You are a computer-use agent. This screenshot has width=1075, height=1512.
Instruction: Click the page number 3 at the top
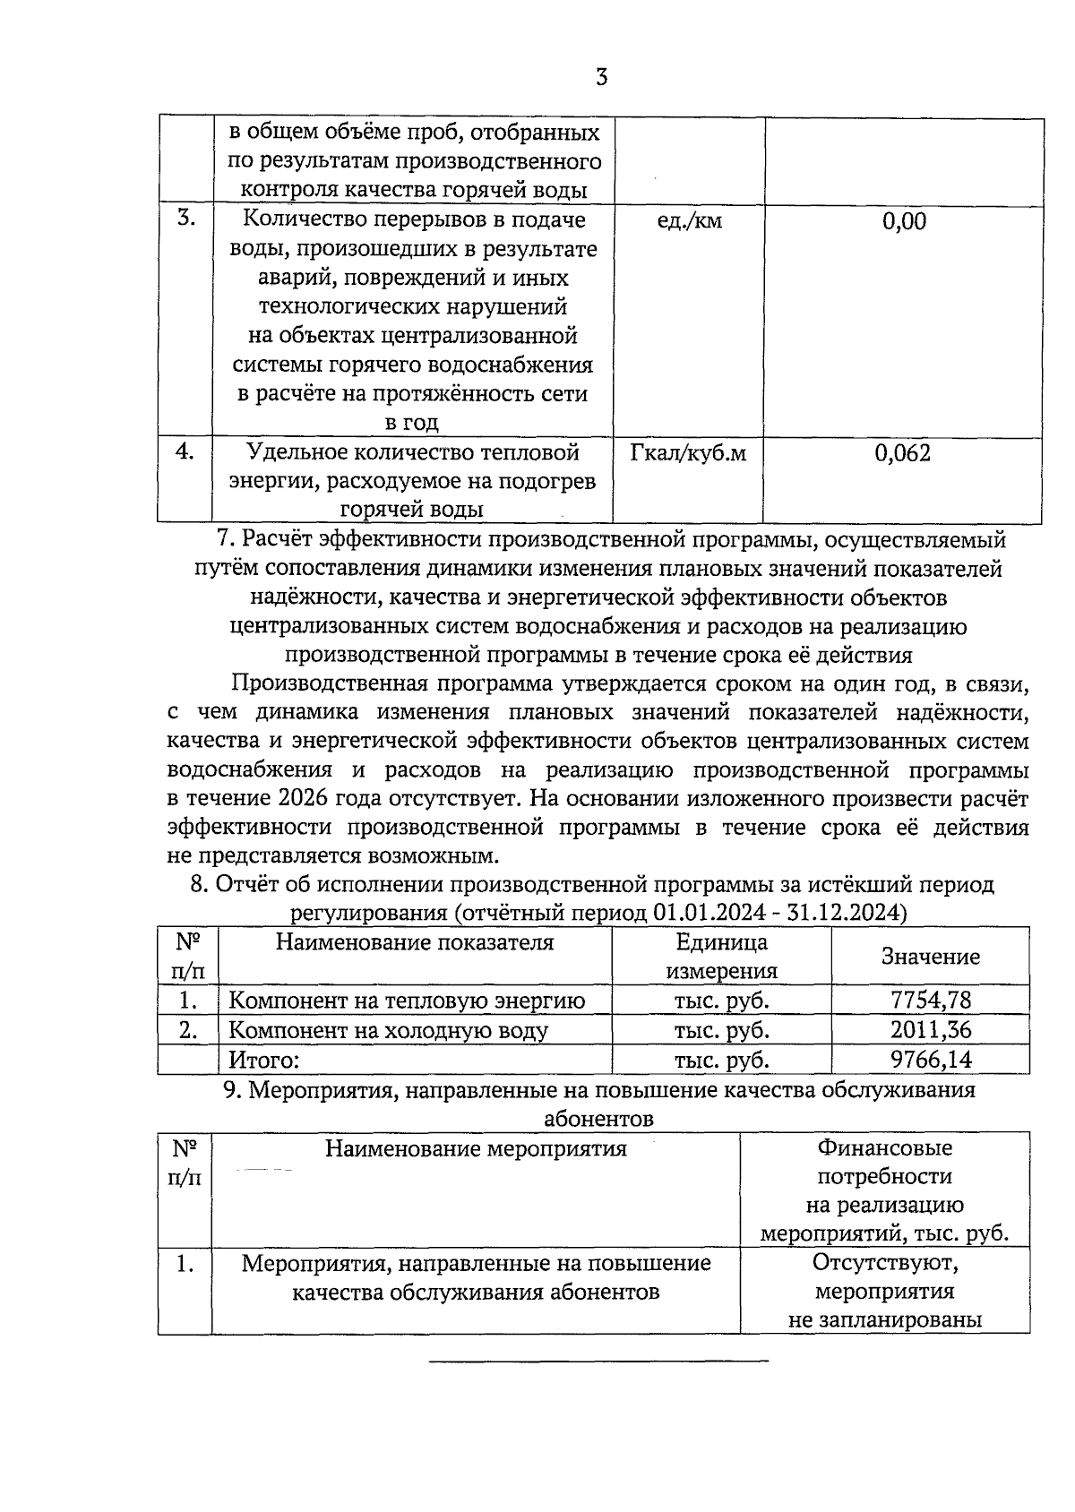click(601, 78)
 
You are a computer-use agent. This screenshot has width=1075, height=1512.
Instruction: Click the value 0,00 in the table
click(904, 221)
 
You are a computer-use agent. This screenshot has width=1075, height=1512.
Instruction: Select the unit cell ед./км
click(689, 220)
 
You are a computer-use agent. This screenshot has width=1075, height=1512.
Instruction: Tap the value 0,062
click(903, 453)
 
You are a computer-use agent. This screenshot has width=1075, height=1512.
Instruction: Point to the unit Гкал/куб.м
click(688, 453)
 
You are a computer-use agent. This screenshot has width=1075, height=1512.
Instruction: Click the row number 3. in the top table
click(185, 218)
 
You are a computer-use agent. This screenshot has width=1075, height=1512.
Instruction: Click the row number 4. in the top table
click(185, 451)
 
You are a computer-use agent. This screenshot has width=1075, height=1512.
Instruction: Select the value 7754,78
click(931, 1001)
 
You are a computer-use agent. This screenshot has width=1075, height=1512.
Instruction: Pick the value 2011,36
click(931, 1030)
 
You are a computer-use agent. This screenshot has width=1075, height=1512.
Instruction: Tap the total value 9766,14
click(931, 1060)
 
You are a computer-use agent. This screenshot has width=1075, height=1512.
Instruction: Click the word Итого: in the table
click(263, 1061)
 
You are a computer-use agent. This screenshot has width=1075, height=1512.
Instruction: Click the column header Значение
click(931, 957)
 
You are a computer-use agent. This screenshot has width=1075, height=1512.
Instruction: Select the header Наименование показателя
click(414, 942)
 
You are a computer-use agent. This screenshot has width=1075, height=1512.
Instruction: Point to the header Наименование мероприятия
click(475, 1148)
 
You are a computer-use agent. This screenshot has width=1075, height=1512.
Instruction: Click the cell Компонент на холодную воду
click(388, 1031)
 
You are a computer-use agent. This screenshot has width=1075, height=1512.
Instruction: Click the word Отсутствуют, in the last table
click(885, 1263)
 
